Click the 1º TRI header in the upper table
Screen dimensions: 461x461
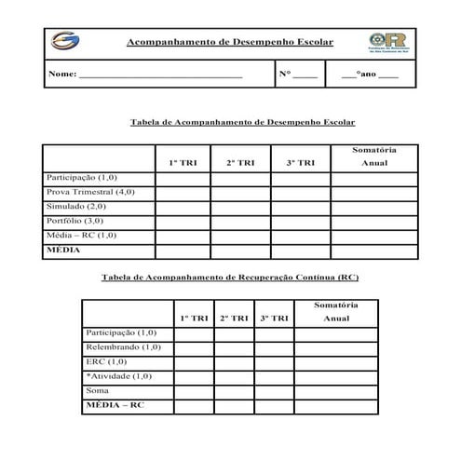(x=183, y=163)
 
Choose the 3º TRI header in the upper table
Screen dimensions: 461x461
(x=300, y=163)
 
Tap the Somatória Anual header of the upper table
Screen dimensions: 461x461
(x=374, y=156)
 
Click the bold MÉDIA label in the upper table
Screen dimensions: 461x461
(x=63, y=251)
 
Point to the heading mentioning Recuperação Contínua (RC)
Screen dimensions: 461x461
(x=229, y=278)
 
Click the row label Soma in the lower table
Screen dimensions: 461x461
(x=97, y=390)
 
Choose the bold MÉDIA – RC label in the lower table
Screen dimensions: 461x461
(x=115, y=405)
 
